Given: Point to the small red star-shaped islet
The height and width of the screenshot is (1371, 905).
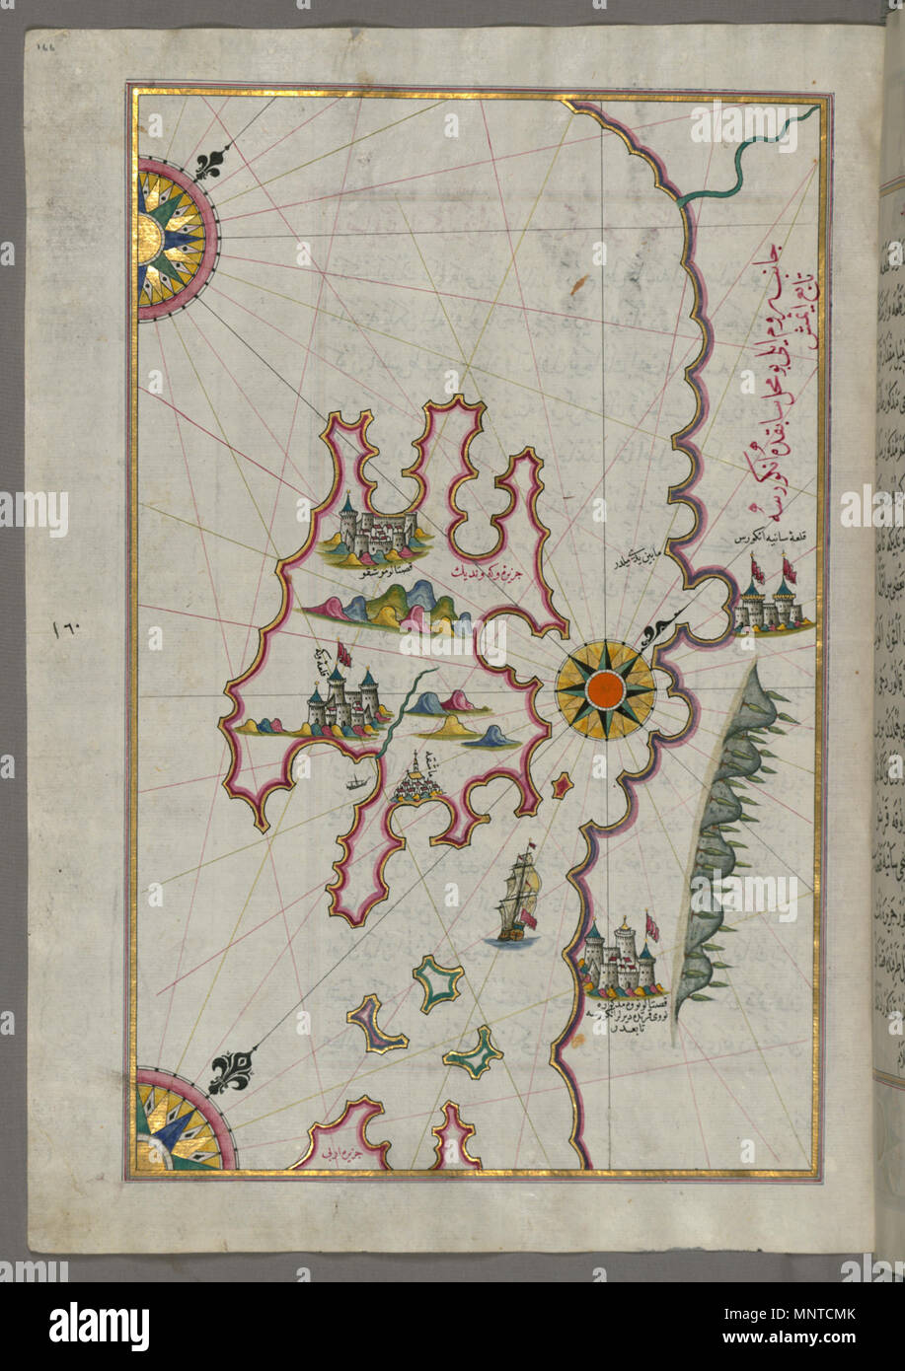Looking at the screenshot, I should point(563,786).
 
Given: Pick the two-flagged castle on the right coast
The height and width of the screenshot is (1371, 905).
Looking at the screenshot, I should point(771,603).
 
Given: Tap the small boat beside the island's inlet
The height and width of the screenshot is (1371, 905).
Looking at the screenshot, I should point(357,786).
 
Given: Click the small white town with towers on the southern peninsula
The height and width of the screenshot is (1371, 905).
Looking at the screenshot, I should point(419,780).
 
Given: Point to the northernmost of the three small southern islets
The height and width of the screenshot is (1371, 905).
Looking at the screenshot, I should point(437,983).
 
